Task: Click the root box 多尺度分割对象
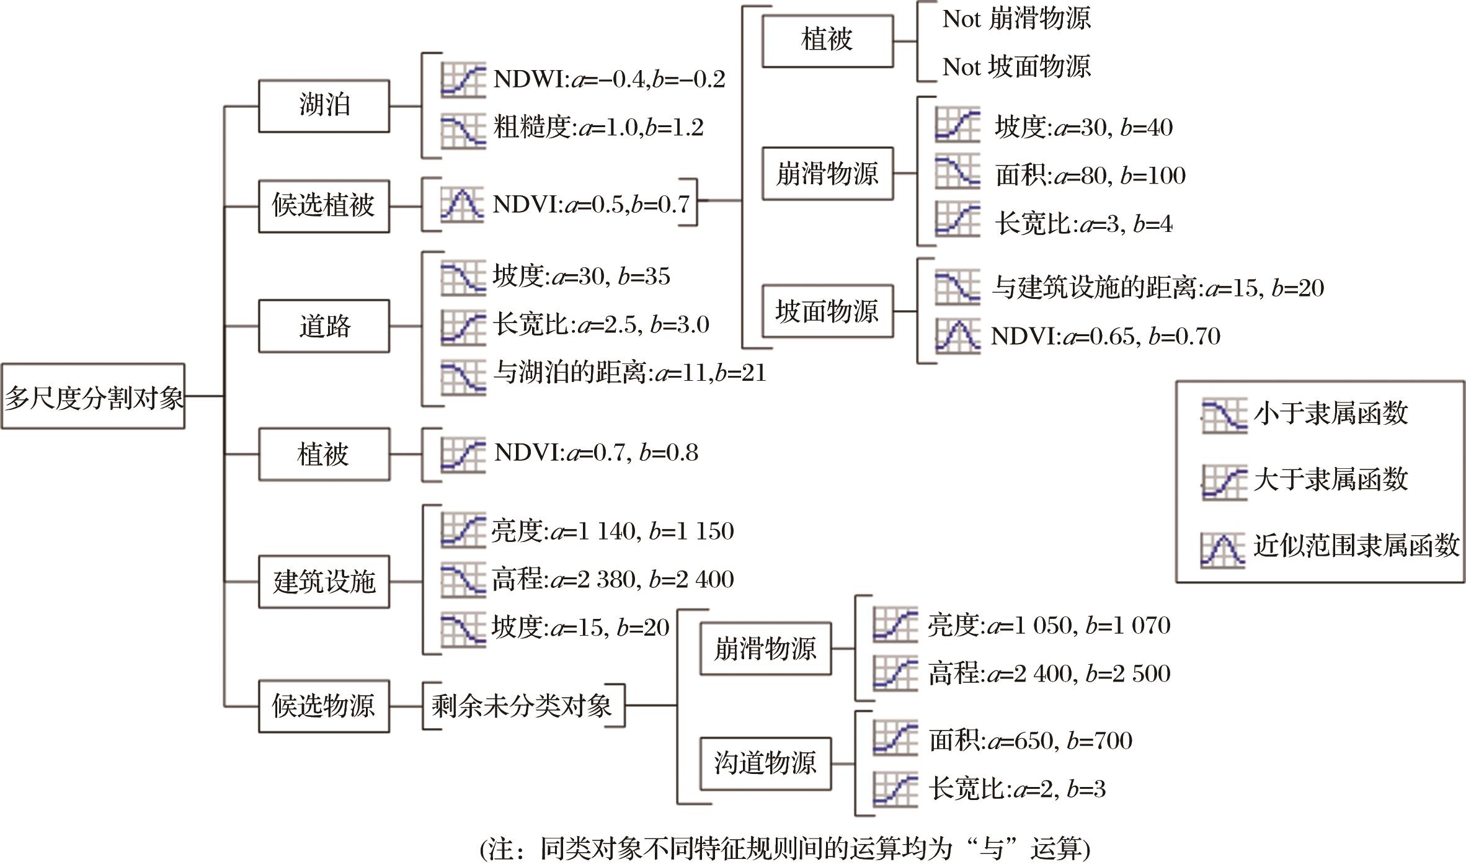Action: point(93,396)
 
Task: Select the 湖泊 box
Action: point(324,105)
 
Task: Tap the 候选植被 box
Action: point(324,207)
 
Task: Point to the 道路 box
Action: point(324,326)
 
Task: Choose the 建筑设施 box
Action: point(324,582)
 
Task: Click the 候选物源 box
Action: point(324,706)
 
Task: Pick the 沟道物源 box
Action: point(765,763)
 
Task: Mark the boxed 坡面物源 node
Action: point(827,311)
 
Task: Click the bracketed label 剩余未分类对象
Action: point(522,706)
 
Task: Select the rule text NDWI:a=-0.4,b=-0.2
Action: point(609,79)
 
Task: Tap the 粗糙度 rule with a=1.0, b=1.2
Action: point(598,128)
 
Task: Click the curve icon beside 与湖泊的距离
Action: point(463,376)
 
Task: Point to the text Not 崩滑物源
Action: point(1016,19)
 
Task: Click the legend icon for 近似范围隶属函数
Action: point(1222,549)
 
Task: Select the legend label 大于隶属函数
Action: point(1331,479)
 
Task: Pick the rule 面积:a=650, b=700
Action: point(1030,740)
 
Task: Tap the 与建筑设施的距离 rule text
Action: point(1158,288)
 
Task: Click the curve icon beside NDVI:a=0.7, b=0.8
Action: point(463,455)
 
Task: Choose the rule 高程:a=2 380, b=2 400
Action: point(613,579)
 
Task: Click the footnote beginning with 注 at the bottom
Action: point(784,848)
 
